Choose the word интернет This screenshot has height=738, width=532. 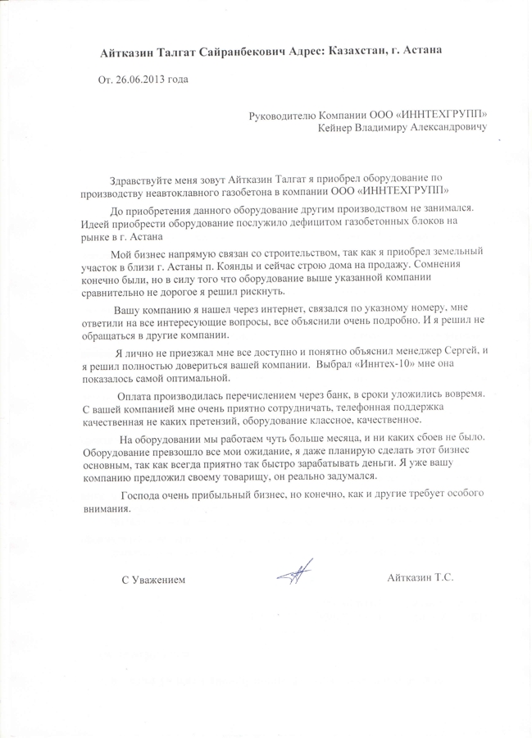pyautogui.click(x=278, y=311)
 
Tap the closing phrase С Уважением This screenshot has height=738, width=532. pyautogui.click(x=153, y=580)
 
